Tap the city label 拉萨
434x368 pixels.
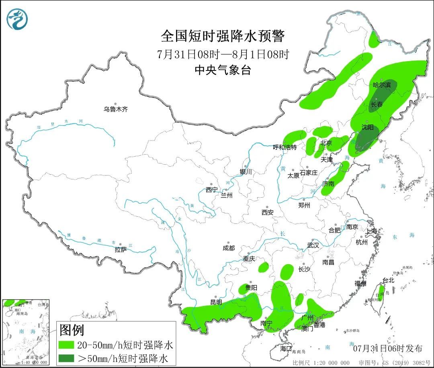(121, 250)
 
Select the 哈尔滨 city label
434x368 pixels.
(381, 85)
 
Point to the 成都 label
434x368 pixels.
(228, 248)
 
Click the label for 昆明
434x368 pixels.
(216, 302)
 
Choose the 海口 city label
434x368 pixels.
(286, 348)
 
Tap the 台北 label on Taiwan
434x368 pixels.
(388, 280)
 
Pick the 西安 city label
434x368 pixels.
(267, 212)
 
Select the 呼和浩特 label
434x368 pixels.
(285, 147)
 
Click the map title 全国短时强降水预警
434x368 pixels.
(223, 36)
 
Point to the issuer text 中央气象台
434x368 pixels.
(223, 70)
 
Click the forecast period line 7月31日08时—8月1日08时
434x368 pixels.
(223, 54)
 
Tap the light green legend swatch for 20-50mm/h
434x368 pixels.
(66, 345)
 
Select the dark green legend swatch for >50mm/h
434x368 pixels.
(66, 358)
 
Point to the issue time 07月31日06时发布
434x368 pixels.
(387, 348)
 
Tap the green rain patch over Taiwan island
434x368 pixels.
(381, 292)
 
